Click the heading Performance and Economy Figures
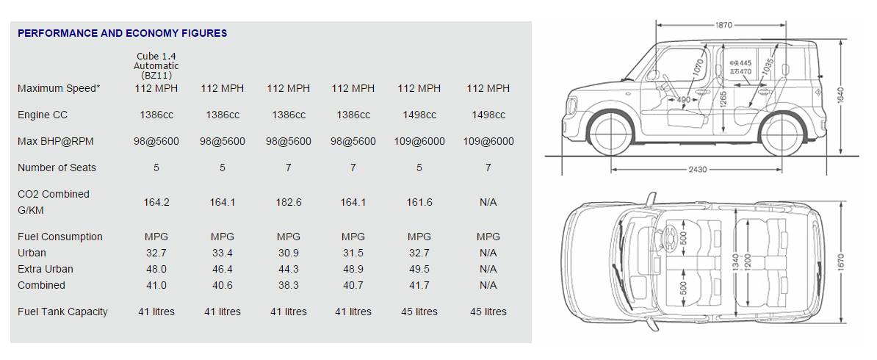pos(123,33)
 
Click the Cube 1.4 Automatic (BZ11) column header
pos(156,65)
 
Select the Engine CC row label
pos(43,115)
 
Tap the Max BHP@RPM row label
pos(55,141)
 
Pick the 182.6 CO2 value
pos(288,202)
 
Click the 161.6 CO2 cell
pos(419,202)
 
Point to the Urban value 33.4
pos(222,253)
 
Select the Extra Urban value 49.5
pos(419,270)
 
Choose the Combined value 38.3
pos(288,286)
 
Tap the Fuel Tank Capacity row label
pos(62,312)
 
